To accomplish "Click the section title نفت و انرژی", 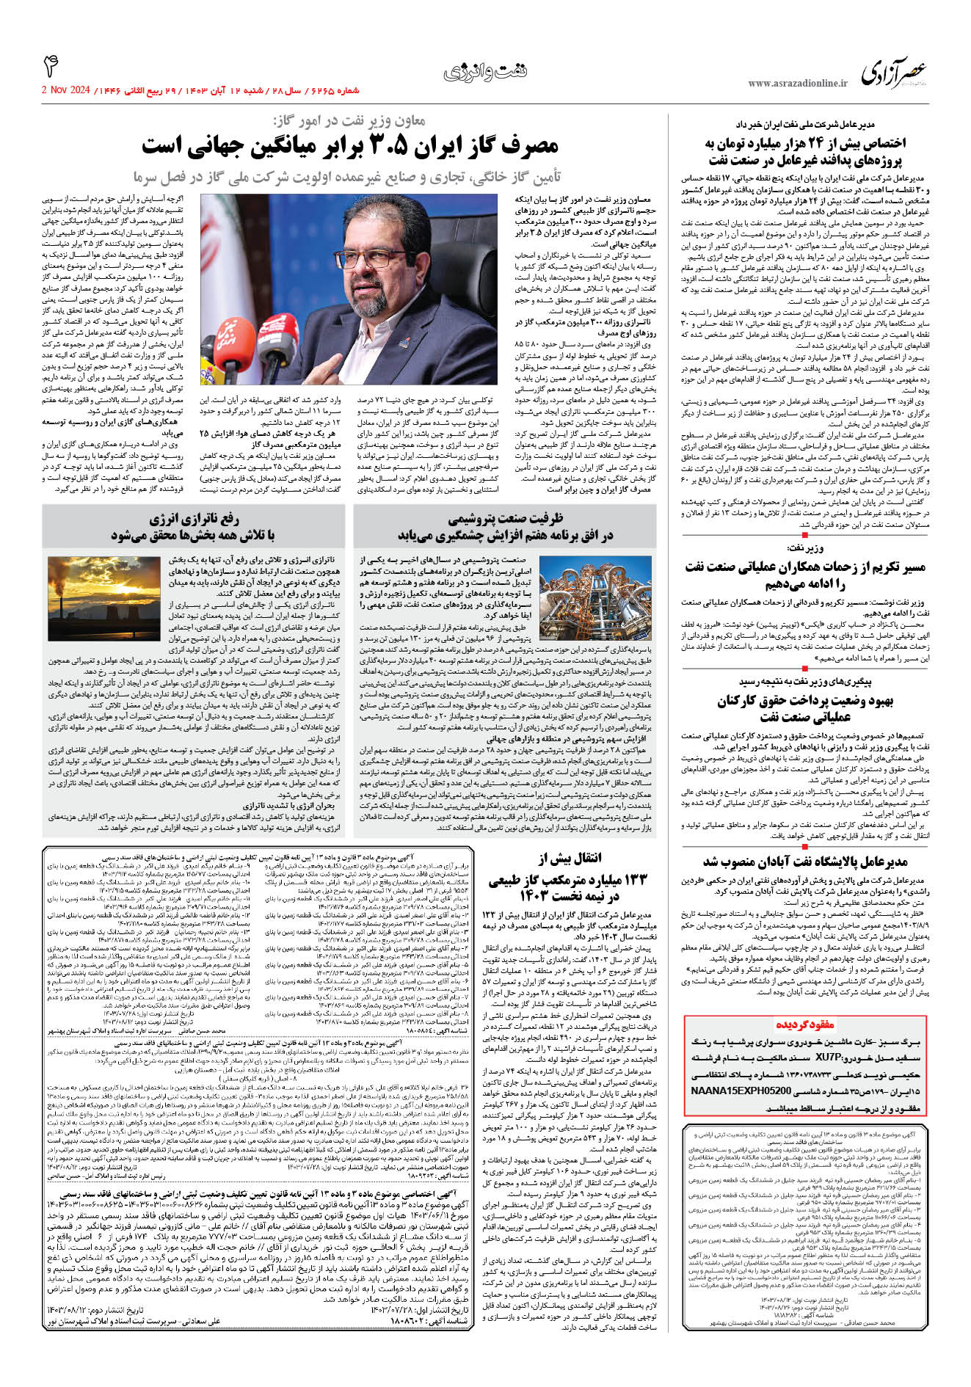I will click(484, 72).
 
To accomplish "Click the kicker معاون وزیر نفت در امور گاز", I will click(349, 120).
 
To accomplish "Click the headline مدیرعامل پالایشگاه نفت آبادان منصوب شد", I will click(805, 861).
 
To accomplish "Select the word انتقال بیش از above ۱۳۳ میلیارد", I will click(570, 858).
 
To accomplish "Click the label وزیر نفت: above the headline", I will click(805, 547).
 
